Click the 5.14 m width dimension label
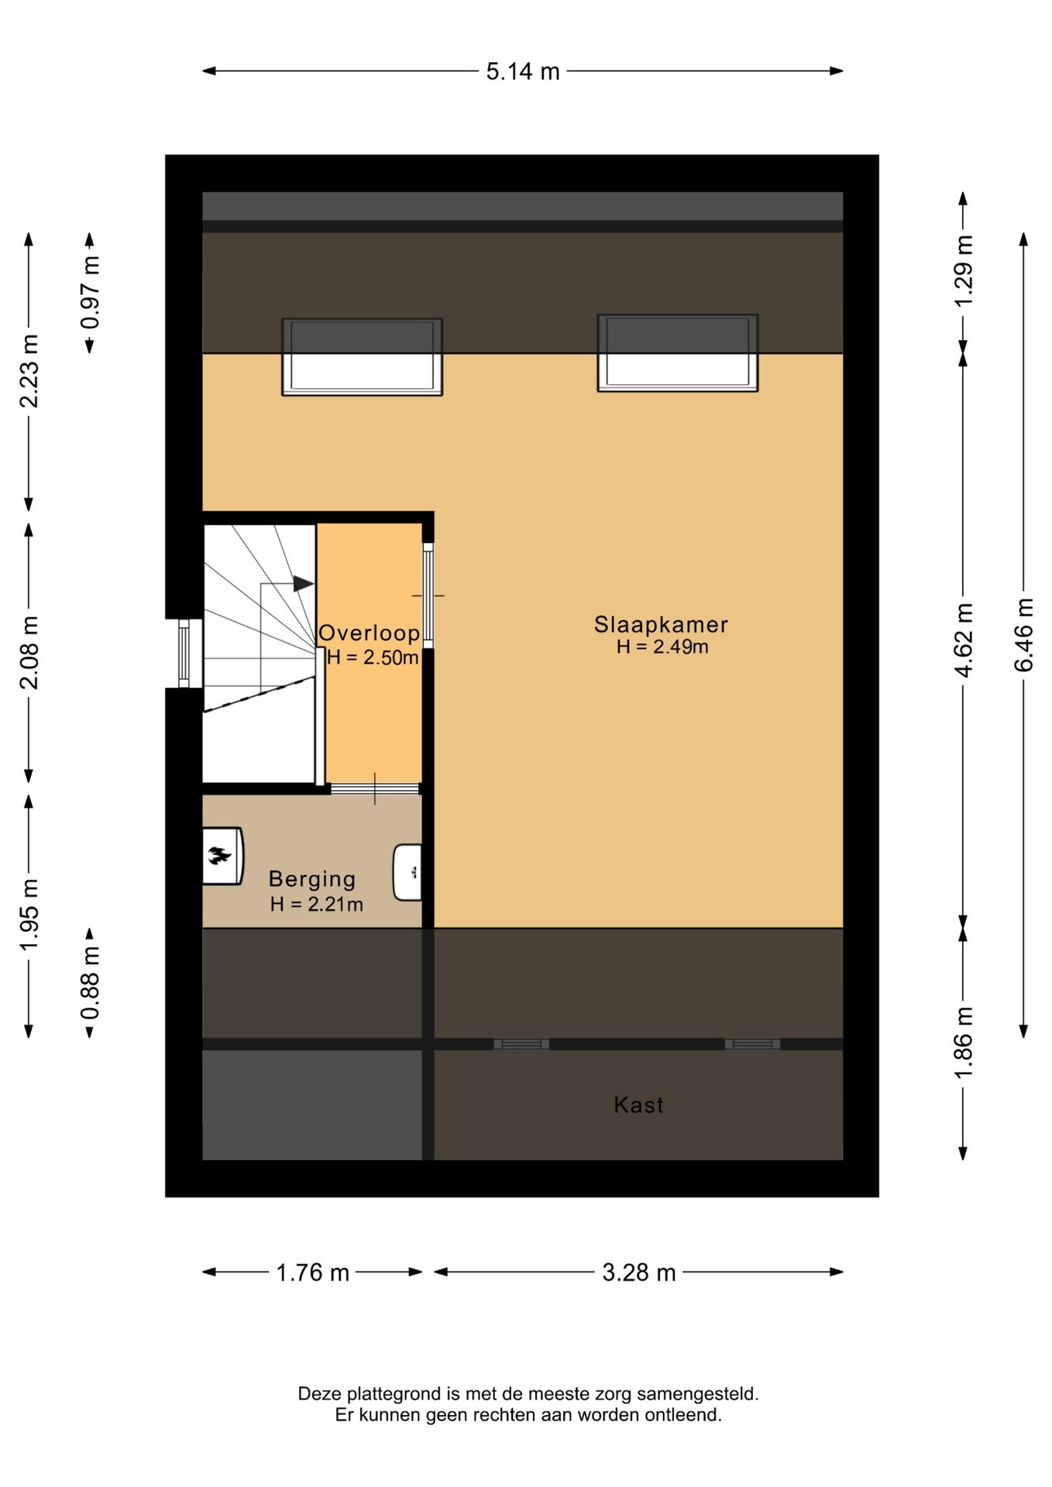[523, 71]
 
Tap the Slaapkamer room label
[661, 624]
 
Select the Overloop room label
[370, 633]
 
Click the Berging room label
[312, 879]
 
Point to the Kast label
[638, 1104]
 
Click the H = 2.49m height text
[662, 647]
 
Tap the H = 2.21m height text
[316, 904]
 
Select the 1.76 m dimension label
[313, 1272]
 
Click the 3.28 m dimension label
[639, 1272]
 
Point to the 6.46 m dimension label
[1023, 635]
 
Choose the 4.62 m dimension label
[963, 640]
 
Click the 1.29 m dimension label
[963, 270]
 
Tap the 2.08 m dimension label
[29, 653]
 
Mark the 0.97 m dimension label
[90, 293]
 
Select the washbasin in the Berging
[407, 872]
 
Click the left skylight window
[362, 357]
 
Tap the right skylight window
[678, 353]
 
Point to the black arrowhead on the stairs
[303, 584]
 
